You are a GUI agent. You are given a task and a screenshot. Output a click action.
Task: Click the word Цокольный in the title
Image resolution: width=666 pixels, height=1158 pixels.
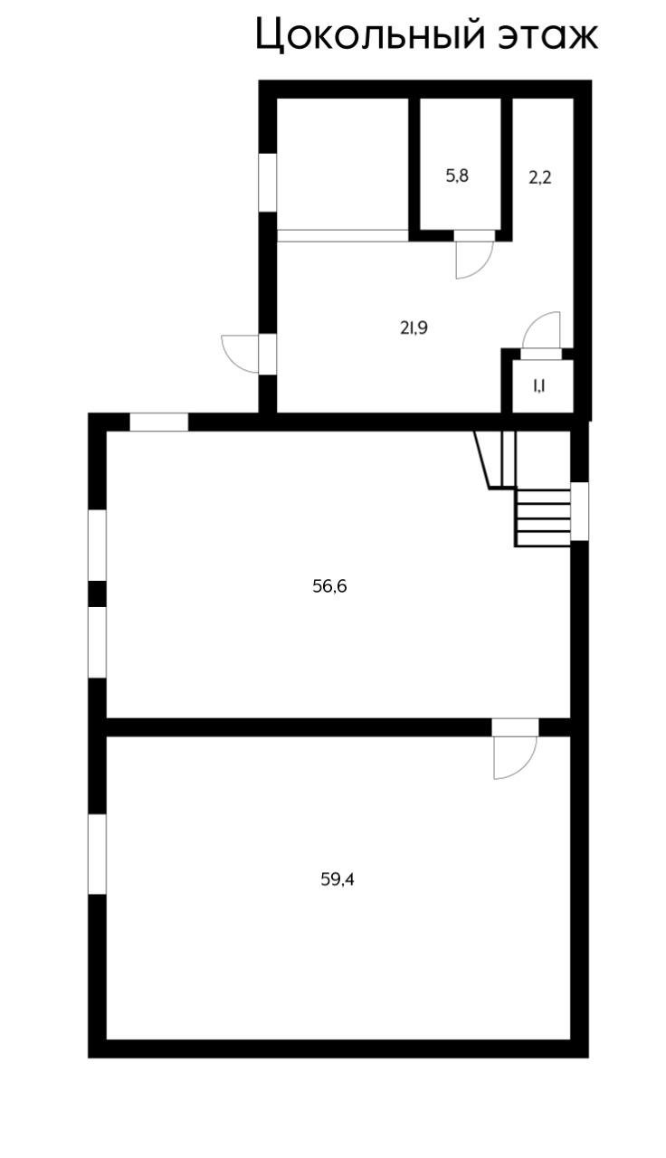tap(368, 36)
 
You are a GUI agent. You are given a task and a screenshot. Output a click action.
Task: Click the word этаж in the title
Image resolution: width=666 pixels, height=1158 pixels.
tap(548, 36)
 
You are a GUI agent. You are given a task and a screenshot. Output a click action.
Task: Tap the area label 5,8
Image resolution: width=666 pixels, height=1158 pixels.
tap(457, 176)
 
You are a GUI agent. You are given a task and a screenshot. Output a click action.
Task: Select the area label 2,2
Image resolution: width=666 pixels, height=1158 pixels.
tap(540, 177)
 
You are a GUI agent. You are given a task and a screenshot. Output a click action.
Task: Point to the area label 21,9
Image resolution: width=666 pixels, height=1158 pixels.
tap(414, 328)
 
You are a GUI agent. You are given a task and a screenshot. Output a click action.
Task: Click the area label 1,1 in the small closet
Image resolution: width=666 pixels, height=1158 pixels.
tap(538, 386)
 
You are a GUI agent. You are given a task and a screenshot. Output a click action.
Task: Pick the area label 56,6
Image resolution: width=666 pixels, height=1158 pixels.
tap(329, 586)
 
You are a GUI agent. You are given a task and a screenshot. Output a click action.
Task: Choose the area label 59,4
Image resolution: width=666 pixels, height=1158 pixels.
tap(338, 878)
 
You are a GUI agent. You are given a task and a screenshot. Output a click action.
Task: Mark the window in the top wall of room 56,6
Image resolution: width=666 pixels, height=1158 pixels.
tap(158, 422)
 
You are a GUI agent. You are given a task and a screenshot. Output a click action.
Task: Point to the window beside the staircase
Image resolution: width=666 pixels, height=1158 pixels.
tap(579, 511)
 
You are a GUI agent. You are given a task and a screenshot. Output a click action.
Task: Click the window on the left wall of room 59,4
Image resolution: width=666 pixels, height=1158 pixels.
tap(97, 854)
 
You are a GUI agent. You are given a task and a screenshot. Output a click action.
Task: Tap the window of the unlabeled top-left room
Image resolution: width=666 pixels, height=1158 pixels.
tap(268, 182)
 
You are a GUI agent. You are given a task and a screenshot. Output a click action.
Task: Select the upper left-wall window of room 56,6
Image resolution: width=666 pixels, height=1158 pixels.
tap(97, 546)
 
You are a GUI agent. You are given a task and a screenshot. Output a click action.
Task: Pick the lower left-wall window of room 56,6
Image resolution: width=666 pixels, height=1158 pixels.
tap(97, 641)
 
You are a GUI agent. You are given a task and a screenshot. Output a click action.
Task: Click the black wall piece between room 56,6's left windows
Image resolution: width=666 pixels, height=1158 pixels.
tap(97, 593)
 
